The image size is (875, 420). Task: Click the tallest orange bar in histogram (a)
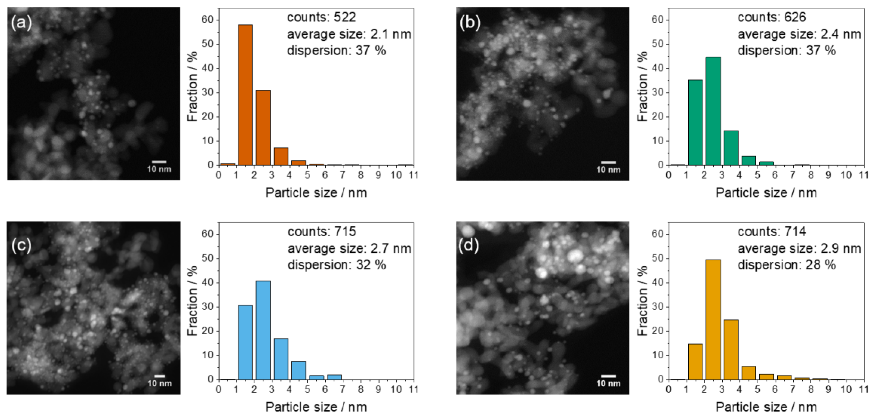pyautogui.click(x=245, y=95)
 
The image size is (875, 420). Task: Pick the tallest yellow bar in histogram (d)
pyautogui.click(x=713, y=320)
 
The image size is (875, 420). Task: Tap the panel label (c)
pyautogui.click(x=22, y=245)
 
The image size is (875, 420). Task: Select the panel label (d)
pyautogui.click(x=468, y=245)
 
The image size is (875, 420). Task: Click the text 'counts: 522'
pyautogui.click(x=321, y=17)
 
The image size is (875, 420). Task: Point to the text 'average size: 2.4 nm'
pyautogui.click(x=799, y=34)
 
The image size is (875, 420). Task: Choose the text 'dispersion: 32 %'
pyautogui.click(x=337, y=265)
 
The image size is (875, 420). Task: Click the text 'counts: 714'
pyautogui.click(x=771, y=232)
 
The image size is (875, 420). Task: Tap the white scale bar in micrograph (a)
pyautogui.click(x=159, y=162)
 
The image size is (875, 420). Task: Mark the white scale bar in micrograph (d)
pyautogui.click(x=608, y=376)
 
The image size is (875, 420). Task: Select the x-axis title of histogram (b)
pyautogui.click(x=766, y=192)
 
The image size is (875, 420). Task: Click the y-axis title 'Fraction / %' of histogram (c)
pyautogui.click(x=193, y=301)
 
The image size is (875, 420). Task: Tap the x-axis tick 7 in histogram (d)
pyautogui.click(x=793, y=389)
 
